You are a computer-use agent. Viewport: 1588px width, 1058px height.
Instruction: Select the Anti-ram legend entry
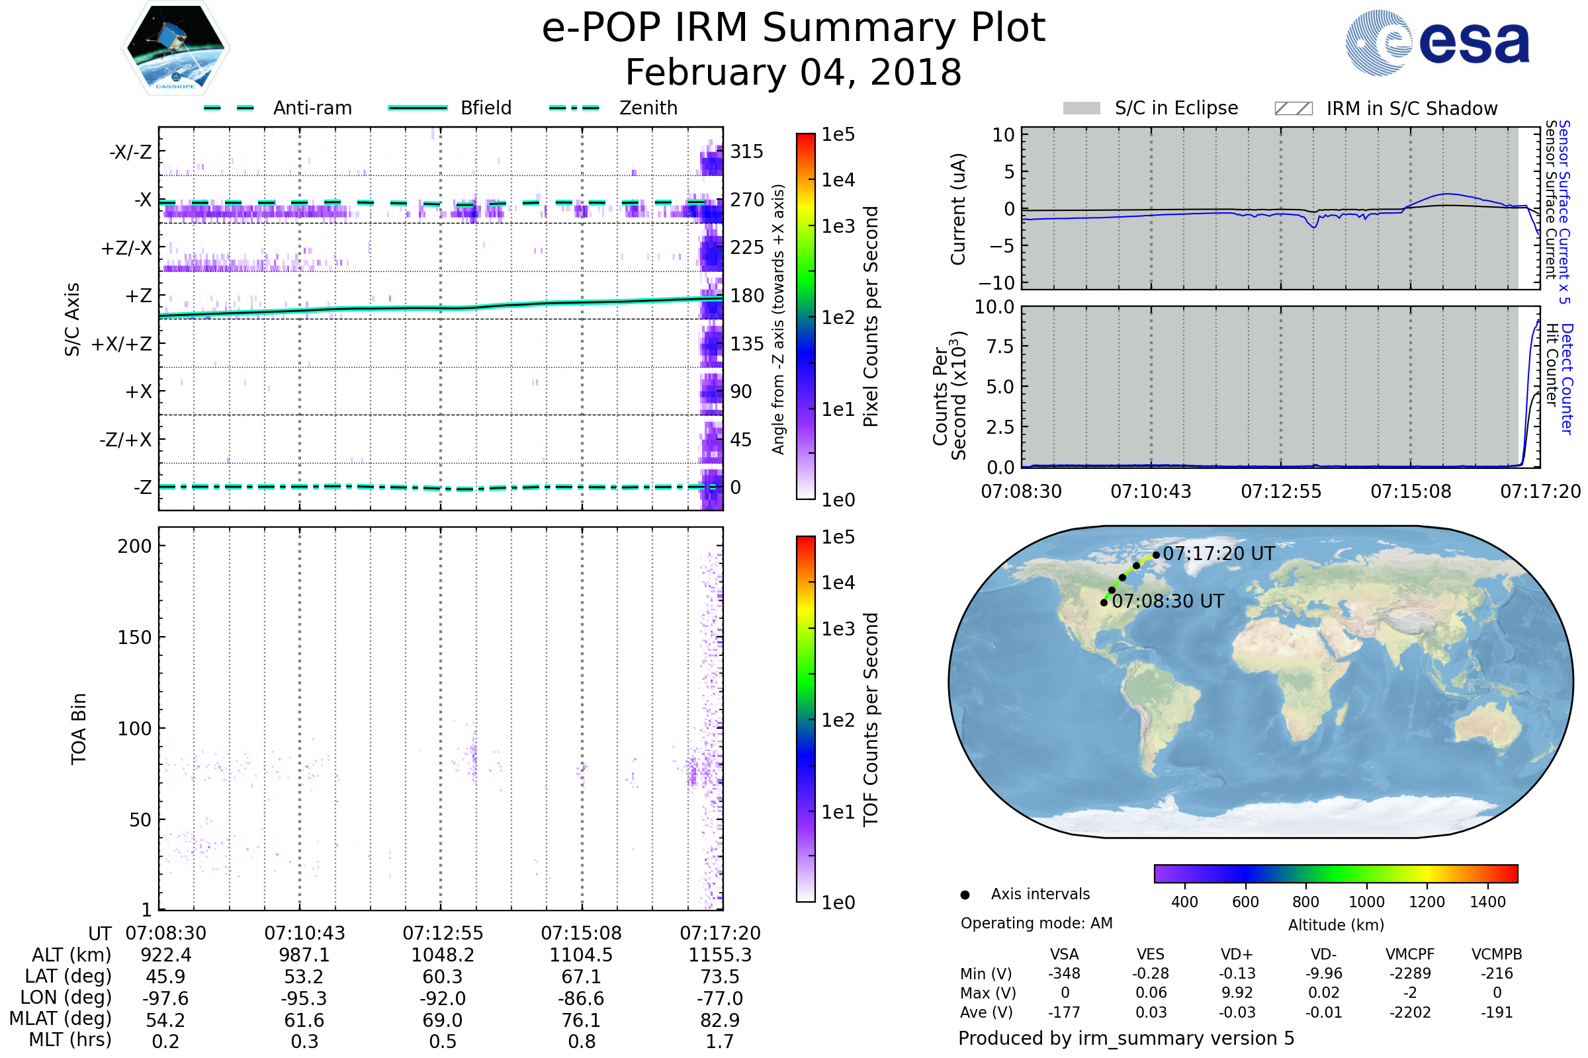(277, 108)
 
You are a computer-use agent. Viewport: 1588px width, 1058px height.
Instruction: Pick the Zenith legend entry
(613, 108)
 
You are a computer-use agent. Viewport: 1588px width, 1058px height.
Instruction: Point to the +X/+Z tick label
(122, 344)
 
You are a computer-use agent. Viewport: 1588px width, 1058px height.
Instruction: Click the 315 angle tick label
(747, 152)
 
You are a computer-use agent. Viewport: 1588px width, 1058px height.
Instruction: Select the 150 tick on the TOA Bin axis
(134, 637)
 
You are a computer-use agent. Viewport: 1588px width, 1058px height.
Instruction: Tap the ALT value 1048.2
(443, 956)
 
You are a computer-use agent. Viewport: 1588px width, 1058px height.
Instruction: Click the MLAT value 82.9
(720, 1020)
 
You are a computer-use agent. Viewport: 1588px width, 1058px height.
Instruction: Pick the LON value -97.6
(165, 998)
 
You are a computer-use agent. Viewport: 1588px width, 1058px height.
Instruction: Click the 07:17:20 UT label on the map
(1219, 554)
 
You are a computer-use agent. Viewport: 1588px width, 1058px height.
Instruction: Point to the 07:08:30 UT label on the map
(1167, 601)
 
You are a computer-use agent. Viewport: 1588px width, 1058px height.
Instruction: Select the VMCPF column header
(1410, 955)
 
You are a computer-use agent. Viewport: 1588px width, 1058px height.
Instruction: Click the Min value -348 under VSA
(1064, 973)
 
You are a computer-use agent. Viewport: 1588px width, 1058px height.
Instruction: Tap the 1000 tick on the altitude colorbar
(1366, 902)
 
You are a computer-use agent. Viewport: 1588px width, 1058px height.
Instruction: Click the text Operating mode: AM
(1036, 923)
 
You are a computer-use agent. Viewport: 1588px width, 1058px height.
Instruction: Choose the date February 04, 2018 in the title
(793, 72)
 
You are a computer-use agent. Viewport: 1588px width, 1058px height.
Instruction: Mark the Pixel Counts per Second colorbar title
(871, 317)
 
